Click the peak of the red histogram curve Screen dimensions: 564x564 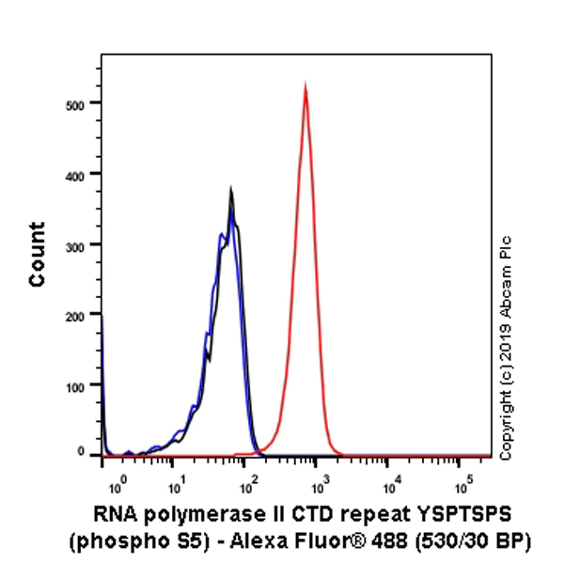pyautogui.click(x=305, y=84)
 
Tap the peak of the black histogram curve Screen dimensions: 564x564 pyautogui.click(x=230, y=189)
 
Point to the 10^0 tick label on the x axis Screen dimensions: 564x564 pyautogui.click(x=117, y=486)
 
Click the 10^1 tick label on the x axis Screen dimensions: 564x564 pyautogui.click(x=176, y=486)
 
